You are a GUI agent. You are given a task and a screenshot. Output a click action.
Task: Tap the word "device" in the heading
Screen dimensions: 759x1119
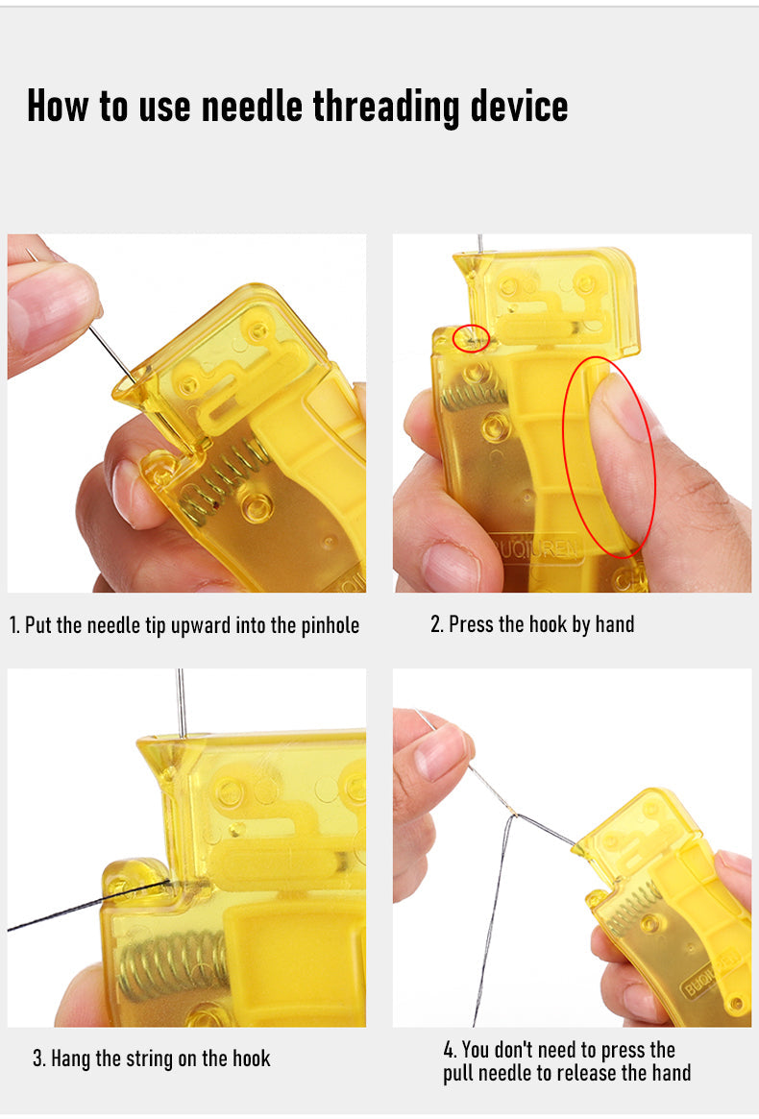[x=519, y=106]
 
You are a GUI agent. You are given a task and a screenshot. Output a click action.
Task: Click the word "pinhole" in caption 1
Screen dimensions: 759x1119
[x=330, y=626]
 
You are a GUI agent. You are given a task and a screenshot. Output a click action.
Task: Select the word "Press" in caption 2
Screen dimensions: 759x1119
[x=471, y=624]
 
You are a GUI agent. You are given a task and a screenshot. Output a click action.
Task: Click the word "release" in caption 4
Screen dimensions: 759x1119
[x=587, y=1073]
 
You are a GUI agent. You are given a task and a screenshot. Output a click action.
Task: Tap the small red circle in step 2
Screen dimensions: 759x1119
[x=471, y=337]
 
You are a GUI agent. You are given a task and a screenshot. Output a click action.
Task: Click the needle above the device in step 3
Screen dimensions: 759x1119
[x=182, y=703]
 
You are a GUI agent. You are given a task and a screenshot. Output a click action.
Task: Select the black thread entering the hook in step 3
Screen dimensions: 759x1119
[x=89, y=906]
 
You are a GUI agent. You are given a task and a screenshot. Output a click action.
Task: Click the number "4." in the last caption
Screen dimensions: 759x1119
[x=450, y=1051]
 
